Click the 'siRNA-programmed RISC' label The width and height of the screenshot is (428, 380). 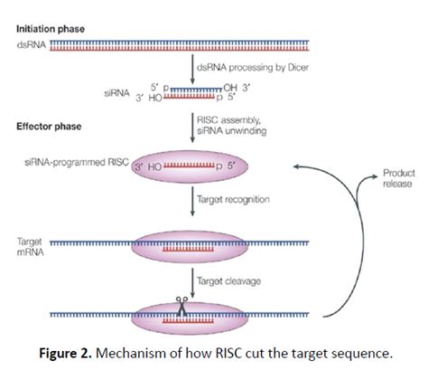pyautogui.click(x=81, y=163)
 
